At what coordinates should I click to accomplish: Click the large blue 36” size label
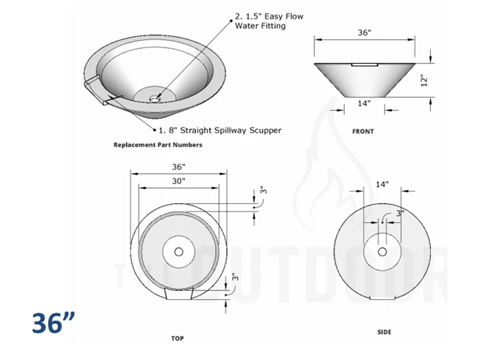53,323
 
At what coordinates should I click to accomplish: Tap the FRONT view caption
363,131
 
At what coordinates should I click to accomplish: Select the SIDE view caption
384,332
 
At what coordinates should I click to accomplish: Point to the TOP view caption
177,338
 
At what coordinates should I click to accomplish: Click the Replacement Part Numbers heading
158,145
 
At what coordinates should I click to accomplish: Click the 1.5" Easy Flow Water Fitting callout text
269,21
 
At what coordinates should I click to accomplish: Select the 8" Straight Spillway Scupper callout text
220,131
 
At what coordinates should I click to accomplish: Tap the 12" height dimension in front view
424,80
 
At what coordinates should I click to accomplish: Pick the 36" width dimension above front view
364,33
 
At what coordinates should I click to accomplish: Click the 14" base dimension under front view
364,103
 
